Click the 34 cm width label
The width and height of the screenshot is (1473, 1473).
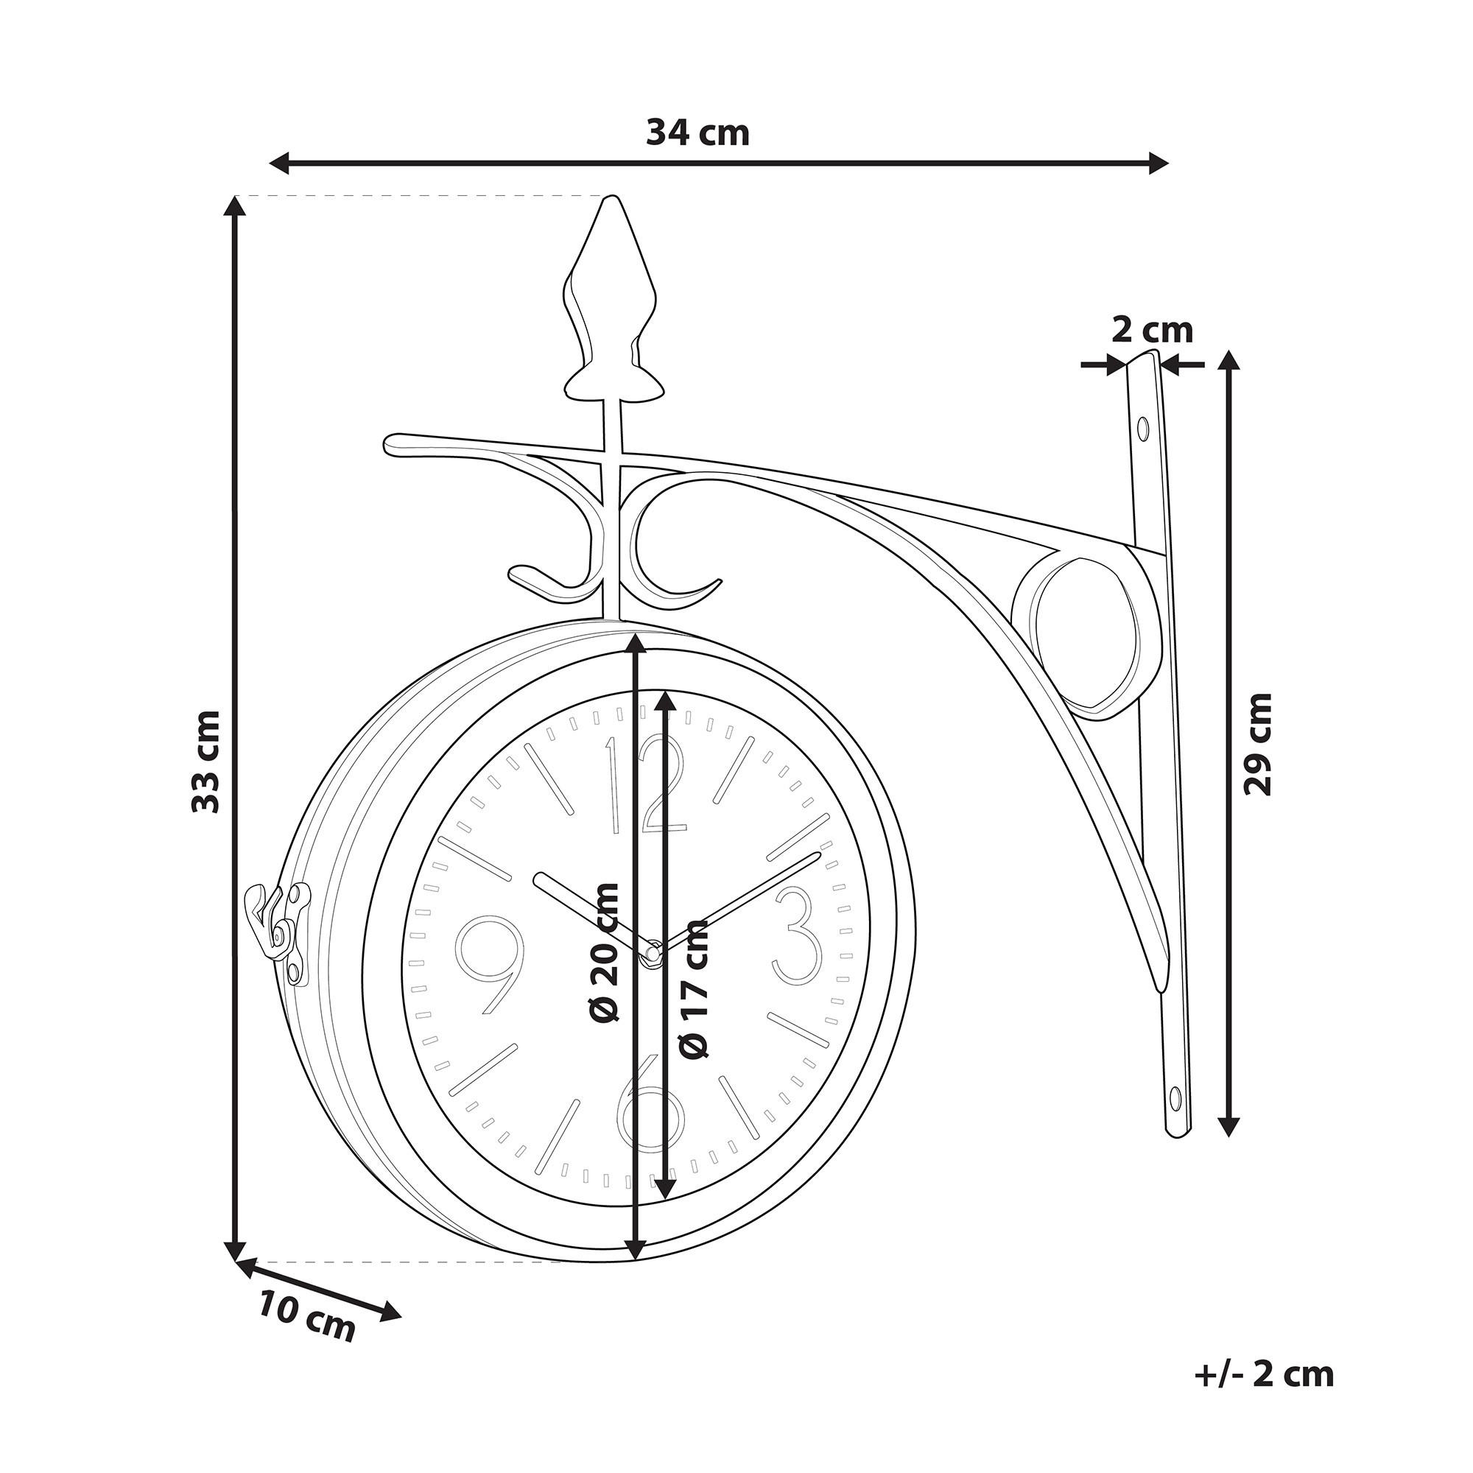pyautogui.click(x=697, y=133)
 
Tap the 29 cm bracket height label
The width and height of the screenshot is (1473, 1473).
pyautogui.click(x=1259, y=743)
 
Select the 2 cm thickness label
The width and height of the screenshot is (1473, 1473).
pyautogui.click(x=1151, y=330)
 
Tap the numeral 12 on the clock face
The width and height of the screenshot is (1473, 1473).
pyautogui.click(x=647, y=785)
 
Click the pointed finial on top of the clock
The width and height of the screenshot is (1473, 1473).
pyautogui.click(x=614, y=301)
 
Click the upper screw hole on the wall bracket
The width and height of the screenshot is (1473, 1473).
pyautogui.click(x=1142, y=429)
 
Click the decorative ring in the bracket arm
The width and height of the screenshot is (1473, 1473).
pyautogui.click(x=1078, y=636)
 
